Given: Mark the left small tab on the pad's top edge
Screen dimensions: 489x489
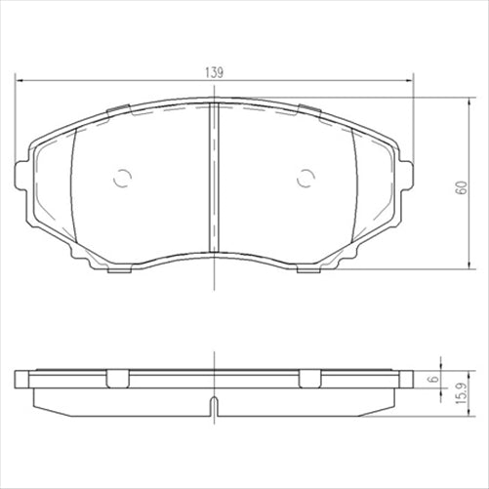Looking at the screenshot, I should click(x=122, y=108).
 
